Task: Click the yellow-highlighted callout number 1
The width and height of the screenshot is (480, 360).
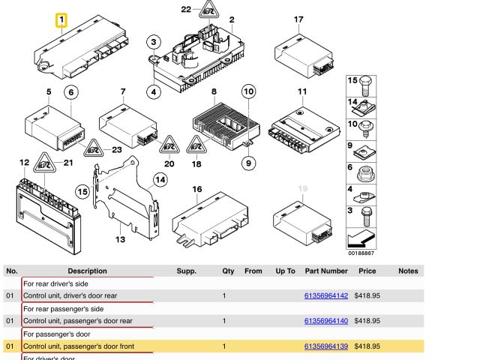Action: pos(61,19)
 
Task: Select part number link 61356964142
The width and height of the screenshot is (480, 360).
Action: pos(325,296)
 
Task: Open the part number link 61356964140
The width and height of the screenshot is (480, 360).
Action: pos(325,321)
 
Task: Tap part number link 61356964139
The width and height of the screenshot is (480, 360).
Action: pos(325,346)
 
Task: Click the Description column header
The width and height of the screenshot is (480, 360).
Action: pos(87,271)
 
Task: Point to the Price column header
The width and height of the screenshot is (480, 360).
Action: pos(367,271)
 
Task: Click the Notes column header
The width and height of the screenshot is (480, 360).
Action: pos(408,271)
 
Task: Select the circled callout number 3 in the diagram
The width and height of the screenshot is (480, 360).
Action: pos(154,42)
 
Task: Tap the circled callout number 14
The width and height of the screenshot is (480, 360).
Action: pos(160,179)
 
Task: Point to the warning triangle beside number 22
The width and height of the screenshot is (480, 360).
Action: pos(208,10)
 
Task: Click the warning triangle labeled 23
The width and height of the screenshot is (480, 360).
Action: pos(93,148)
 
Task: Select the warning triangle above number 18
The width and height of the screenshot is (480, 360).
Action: pos(196,144)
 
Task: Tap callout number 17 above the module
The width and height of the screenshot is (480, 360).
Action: pos(298,19)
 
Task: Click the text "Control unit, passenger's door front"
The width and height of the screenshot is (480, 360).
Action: pos(79,346)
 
